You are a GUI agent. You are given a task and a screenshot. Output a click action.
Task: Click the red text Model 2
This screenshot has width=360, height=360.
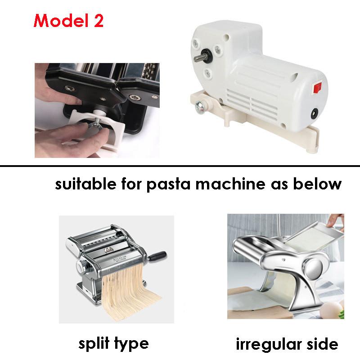click(68, 21)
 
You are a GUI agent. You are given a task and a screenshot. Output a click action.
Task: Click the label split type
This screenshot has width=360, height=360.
click(113, 344)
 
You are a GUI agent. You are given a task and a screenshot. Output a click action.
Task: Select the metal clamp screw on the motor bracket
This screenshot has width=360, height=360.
click(200, 107)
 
